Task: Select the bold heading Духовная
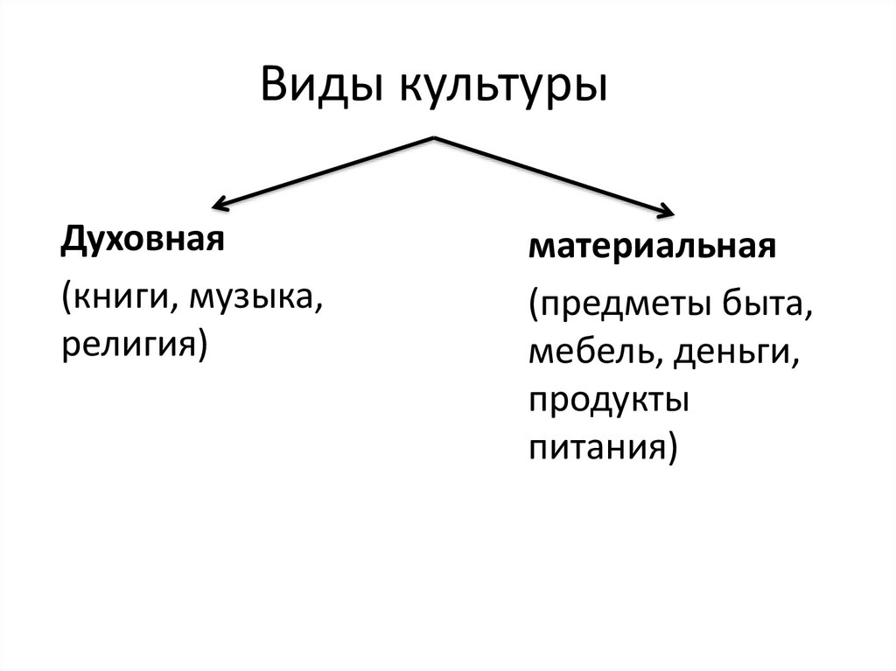[137, 239]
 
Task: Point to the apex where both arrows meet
[434, 137]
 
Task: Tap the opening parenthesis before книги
[66, 300]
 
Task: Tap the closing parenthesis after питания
[672, 449]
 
